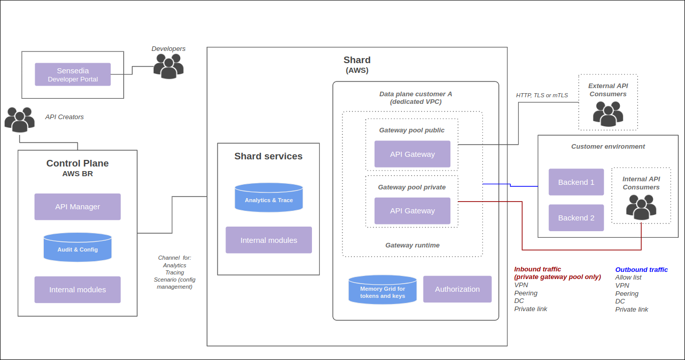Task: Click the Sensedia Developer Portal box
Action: click(x=73, y=74)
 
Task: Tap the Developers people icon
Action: click(x=168, y=66)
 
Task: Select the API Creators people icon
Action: click(x=19, y=120)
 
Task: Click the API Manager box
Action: click(x=77, y=207)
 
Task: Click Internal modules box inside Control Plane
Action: click(x=77, y=290)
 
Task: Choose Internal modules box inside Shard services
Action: click(x=269, y=240)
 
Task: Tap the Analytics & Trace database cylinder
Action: click(x=269, y=198)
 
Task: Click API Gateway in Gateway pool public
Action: click(x=412, y=154)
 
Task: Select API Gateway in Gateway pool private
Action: click(x=412, y=211)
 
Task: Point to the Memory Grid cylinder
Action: click(x=382, y=290)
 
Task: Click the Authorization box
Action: click(x=457, y=289)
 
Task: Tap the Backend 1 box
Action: click(x=576, y=182)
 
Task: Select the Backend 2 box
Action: click(x=576, y=218)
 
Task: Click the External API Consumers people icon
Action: click(x=608, y=114)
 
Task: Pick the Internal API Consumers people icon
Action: click(x=641, y=207)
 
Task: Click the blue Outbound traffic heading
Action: click(x=641, y=270)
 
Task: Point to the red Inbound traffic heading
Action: click(x=537, y=269)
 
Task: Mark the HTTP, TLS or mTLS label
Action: click(x=542, y=95)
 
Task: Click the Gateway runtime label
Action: click(x=412, y=245)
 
